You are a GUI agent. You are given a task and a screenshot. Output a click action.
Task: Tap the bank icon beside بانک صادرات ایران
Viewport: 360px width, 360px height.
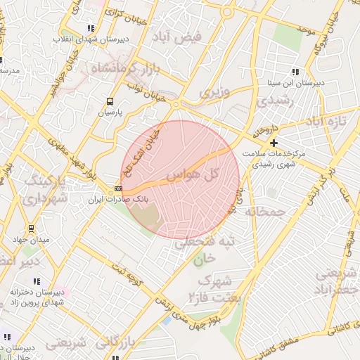pyautogui.click(x=118, y=188)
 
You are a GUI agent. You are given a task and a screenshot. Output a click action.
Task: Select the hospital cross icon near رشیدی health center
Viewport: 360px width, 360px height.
pyautogui.click(x=274, y=143)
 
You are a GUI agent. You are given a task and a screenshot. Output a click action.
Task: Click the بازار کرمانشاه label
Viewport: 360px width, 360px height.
pyautogui.click(x=124, y=68)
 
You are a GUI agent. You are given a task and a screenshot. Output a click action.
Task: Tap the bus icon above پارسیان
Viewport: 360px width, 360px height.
pyautogui.click(x=109, y=101)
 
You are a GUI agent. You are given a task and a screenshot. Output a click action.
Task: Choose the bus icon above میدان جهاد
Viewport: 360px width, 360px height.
pyautogui.click(x=30, y=229)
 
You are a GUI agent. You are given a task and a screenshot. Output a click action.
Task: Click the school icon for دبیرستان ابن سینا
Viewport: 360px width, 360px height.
pyautogui.click(x=295, y=72)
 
